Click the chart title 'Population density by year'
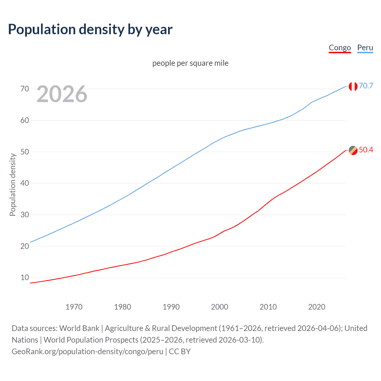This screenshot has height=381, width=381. point(90,29)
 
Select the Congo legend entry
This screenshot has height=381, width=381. point(340,48)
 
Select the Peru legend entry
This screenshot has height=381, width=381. point(365,48)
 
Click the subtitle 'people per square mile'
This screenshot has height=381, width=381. point(190,63)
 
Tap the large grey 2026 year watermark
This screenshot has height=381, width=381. point(62,94)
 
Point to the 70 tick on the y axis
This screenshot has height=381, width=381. point(25,89)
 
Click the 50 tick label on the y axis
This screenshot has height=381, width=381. point(25,152)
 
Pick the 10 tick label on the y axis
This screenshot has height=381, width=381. point(25,278)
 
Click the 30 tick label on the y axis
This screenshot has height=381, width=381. point(25,215)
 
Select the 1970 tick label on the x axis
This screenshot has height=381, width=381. point(74,307)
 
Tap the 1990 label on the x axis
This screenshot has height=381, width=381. point(171,307)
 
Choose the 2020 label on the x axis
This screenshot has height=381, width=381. point(316,307)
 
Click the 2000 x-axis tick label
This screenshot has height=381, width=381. point(219,307)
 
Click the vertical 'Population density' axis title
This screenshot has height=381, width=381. point(13,185)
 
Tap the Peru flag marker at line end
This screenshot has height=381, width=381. point(353,86)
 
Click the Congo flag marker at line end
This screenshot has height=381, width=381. point(353,150)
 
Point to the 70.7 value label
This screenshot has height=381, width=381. point(366,86)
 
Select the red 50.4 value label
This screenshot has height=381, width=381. point(366,150)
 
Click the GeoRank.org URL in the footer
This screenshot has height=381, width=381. point(87,352)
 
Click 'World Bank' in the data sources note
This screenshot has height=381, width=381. point(79,328)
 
